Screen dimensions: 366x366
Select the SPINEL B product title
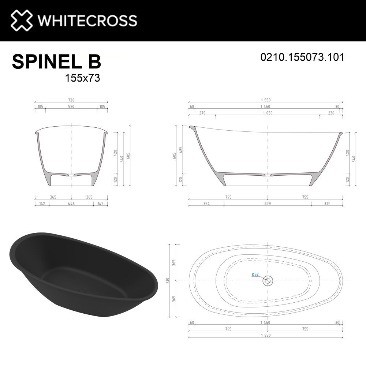[56, 61]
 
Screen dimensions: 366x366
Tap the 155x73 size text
[82, 78]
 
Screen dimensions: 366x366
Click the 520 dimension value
[71, 107]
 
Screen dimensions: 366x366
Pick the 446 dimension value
[71, 203]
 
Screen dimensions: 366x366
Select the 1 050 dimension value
[268, 113]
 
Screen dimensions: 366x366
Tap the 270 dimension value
[202, 113]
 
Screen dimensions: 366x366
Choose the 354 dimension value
[206, 203]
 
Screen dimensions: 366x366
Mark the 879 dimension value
[268, 203]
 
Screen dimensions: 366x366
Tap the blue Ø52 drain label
[255, 274]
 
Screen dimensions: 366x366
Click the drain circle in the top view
[268, 281]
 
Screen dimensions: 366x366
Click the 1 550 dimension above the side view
[266, 100]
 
